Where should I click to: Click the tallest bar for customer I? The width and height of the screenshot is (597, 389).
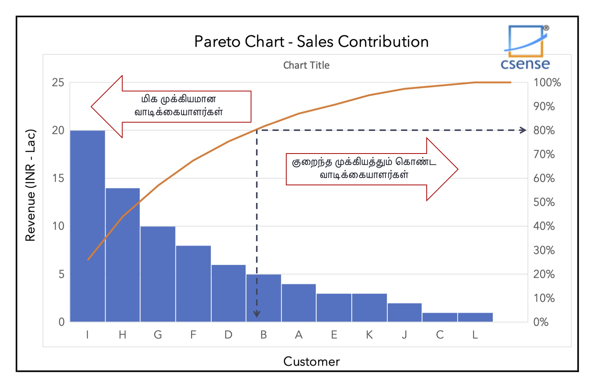[88, 226]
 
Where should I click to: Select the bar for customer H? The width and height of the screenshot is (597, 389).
[122, 255]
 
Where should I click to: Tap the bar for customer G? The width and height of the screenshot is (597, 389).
[158, 274]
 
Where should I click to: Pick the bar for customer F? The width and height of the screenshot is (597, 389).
[193, 283]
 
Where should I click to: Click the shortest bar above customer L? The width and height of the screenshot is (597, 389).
[475, 317]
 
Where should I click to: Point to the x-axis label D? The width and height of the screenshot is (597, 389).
[228, 335]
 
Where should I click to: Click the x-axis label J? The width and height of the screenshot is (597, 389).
[405, 335]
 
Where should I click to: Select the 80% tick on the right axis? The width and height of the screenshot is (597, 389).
[544, 131]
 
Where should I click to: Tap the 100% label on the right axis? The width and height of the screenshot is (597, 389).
[547, 83]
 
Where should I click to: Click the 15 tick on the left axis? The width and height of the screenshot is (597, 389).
[58, 178]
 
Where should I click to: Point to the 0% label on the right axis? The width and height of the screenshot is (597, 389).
[541, 322]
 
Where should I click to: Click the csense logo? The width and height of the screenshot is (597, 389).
[525, 48]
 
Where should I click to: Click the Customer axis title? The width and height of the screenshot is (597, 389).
[312, 361]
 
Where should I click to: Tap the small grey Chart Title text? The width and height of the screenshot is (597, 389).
[306, 65]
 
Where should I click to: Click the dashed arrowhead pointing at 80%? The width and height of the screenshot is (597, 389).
[523, 130]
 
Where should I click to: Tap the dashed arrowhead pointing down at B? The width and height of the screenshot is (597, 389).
[257, 314]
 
